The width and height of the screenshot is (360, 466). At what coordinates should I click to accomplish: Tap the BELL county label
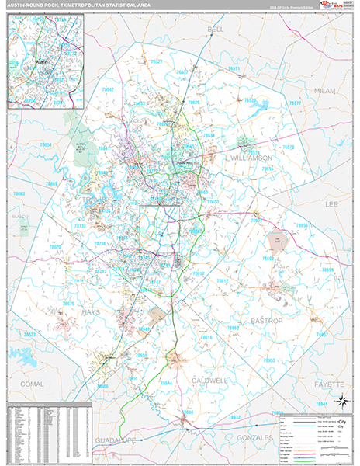[216, 29]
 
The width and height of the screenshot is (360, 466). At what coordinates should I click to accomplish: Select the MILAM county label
[325, 91]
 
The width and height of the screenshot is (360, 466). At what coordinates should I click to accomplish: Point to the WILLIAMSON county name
[250, 157]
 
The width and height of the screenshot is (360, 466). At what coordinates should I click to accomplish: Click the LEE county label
[331, 203]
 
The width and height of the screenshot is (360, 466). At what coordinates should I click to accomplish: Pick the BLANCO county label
[19, 217]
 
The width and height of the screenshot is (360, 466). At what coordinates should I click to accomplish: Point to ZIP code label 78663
[19, 193]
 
